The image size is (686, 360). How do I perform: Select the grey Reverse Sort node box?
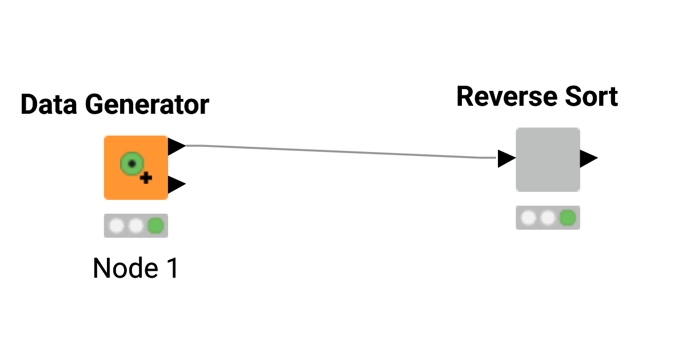coord(548,159)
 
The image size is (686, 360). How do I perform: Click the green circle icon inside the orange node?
coord(131,164)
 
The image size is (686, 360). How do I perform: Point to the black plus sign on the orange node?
coord(146,178)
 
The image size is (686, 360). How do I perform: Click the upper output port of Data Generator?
coord(177,146)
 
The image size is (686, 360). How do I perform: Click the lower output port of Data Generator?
coord(177,185)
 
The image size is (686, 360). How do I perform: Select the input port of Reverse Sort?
coord(506,158)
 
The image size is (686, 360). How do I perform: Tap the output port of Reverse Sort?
coord(588,158)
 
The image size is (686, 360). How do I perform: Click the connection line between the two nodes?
coord(343,151)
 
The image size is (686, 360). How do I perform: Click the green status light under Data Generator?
coord(155,226)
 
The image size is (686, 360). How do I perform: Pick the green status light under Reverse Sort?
coord(567,218)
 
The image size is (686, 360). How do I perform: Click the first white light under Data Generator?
coord(117,226)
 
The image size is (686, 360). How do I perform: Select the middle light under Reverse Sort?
coord(548,218)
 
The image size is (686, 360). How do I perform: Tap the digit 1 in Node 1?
coord(170,268)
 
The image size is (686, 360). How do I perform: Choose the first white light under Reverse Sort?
coord(529,218)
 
